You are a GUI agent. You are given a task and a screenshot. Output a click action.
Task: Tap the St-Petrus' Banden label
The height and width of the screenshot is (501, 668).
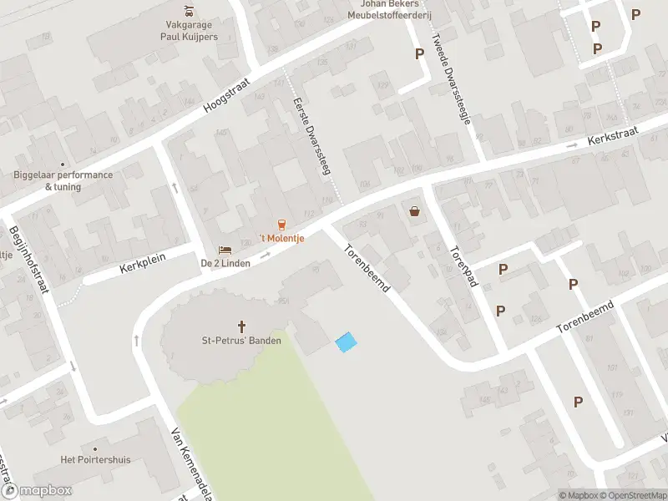tap(242, 340)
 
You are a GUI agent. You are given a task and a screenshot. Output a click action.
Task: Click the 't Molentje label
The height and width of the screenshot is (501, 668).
tap(281, 238)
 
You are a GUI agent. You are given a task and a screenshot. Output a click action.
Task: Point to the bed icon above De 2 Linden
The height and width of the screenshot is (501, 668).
tap(224, 249)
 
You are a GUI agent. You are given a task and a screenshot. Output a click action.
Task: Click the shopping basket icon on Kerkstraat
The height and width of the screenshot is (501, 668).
tap(415, 211)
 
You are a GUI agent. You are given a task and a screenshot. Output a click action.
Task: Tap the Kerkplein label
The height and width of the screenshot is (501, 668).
tap(143, 264)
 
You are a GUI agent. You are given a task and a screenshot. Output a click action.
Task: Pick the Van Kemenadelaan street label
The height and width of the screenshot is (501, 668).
tap(190, 463)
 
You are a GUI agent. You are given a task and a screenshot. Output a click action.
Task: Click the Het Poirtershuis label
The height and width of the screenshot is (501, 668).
tap(92, 459)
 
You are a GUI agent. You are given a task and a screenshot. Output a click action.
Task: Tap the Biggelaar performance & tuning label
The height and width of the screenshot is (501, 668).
tap(63, 180)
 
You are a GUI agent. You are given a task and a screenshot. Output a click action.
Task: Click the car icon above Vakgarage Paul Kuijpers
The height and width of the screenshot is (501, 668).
tap(190, 12)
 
